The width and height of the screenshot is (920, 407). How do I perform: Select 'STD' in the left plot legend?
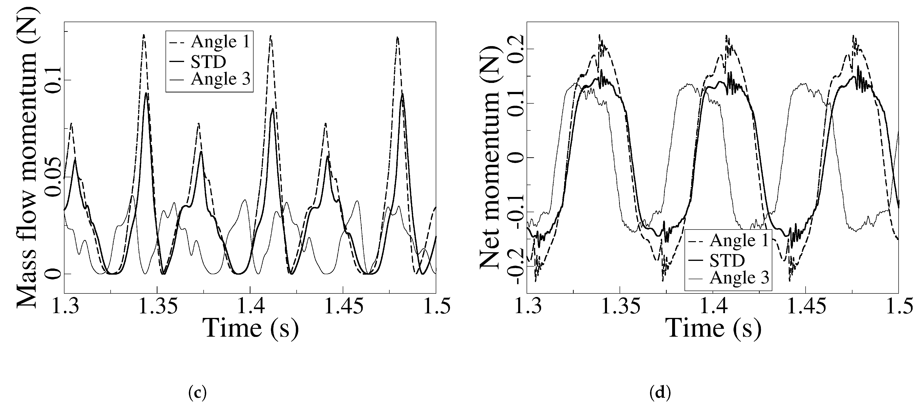click(x=208, y=62)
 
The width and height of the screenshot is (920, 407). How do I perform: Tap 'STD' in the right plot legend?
click(x=727, y=261)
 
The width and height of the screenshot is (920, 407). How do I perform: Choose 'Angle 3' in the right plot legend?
click(x=739, y=278)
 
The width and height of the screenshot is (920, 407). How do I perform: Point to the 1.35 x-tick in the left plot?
click(x=157, y=307)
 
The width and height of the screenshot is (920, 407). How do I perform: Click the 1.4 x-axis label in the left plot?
click(x=250, y=307)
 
